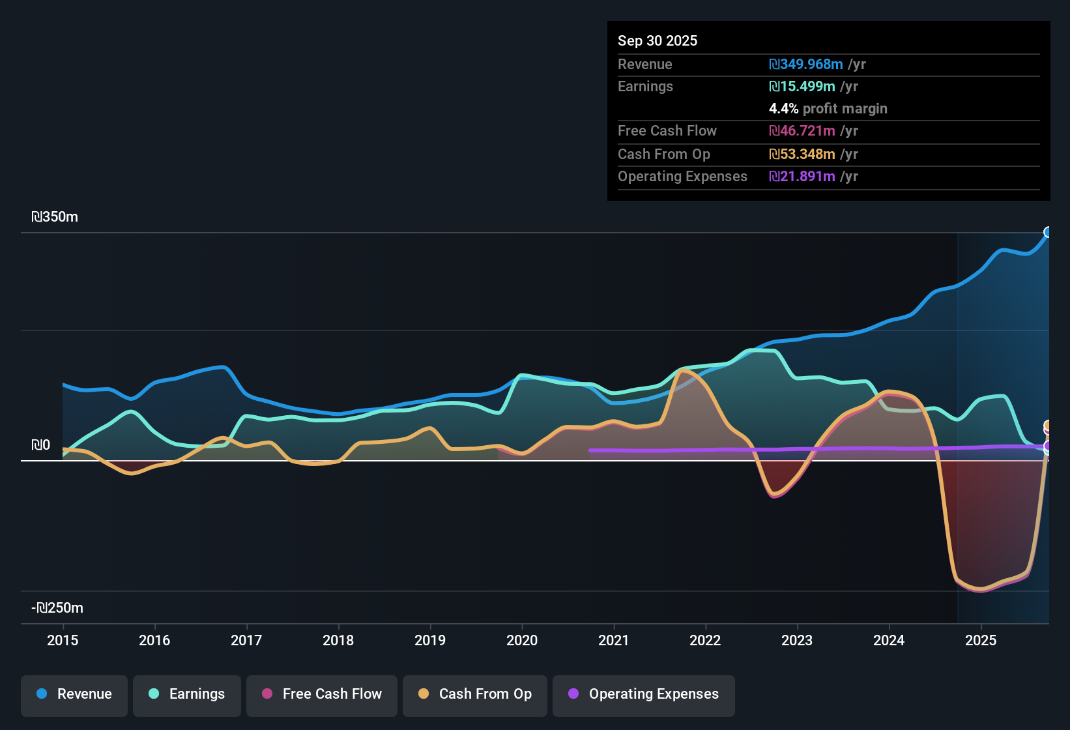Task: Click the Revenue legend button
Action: point(74,694)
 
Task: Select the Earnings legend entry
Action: point(187,694)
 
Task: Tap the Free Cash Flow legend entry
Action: point(322,694)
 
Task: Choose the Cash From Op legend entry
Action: point(475,694)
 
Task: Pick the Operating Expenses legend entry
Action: point(644,694)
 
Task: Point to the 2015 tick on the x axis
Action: point(63,640)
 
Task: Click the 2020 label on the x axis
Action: point(522,640)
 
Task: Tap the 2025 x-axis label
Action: point(981,640)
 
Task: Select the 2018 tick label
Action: point(338,640)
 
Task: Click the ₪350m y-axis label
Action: point(55,217)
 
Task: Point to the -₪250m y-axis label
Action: point(57,608)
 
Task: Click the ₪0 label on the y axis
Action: point(40,445)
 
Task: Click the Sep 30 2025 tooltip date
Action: point(657,40)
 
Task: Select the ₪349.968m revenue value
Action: point(806,64)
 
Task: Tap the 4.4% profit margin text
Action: point(828,109)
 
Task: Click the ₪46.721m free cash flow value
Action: point(802,130)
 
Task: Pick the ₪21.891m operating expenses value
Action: point(802,176)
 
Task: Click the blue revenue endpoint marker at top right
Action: point(1048,232)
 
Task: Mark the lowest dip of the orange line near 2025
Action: point(981,589)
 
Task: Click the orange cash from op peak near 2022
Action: point(683,371)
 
